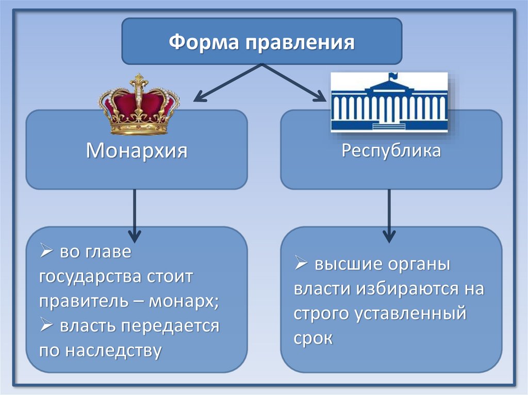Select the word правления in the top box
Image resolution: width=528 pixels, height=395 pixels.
pyautogui.click(x=299, y=41)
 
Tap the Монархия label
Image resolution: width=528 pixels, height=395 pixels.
pyautogui.click(x=136, y=151)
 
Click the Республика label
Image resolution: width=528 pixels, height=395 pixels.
pyautogui.click(x=391, y=151)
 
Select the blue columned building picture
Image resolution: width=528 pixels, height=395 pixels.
pyautogui.click(x=389, y=102)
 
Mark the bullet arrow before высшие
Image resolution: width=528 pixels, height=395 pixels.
pyautogui.click(x=301, y=265)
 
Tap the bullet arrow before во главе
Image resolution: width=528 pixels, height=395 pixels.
pyautogui.click(x=46, y=253)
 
